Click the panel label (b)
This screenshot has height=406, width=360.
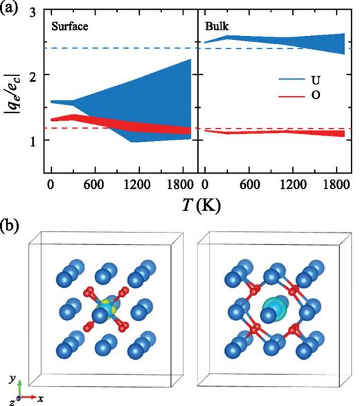click(12, 226)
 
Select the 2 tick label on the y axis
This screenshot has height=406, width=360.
click(33, 75)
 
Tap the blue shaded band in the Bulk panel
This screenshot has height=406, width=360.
click(277, 41)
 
